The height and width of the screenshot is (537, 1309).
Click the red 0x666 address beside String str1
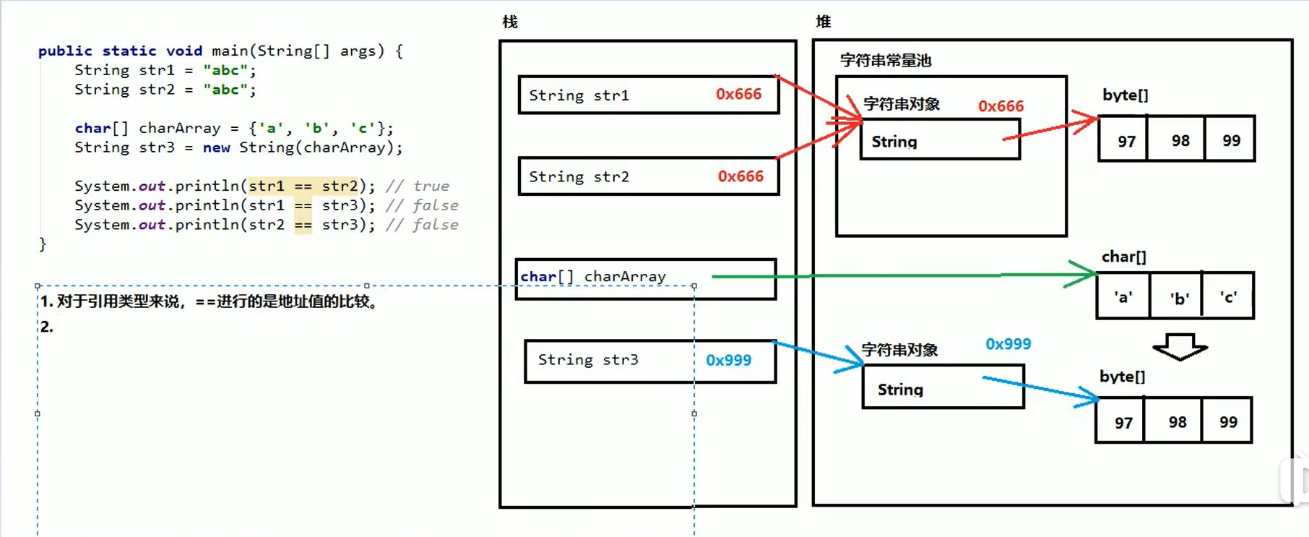(x=738, y=95)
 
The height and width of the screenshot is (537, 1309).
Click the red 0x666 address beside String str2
(x=740, y=176)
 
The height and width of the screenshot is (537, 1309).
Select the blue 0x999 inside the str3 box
(x=728, y=360)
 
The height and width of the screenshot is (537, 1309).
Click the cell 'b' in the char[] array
(x=1179, y=297)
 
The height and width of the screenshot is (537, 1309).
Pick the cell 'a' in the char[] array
(x=1123, y=296)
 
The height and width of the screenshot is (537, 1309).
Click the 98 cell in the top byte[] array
(x=1180, y=140)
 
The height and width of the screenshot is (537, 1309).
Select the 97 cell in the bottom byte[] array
(x=1123, y=422)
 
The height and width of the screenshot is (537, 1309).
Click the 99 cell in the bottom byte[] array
(x=1228, y=421)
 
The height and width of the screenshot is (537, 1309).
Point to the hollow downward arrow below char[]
(x=1180, y=347)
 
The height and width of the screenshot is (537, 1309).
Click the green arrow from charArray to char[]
(x=903, y=275)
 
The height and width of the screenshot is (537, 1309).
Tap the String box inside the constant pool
(x=939, y=140)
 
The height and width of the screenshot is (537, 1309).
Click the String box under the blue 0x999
(x=943, y=388)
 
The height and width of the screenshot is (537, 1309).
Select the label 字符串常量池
(x=885, y=61)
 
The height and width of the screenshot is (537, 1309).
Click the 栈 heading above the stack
(x=510, y=22)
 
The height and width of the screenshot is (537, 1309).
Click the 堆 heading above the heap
(x=823, y=22)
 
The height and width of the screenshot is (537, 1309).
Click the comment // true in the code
(x=417, y=186)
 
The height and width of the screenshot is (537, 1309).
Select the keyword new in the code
(x=216, y=147)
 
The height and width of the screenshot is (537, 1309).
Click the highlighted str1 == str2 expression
(x=303, y=186)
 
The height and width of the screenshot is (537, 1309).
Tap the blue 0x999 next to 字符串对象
(x=1008, y=344)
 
